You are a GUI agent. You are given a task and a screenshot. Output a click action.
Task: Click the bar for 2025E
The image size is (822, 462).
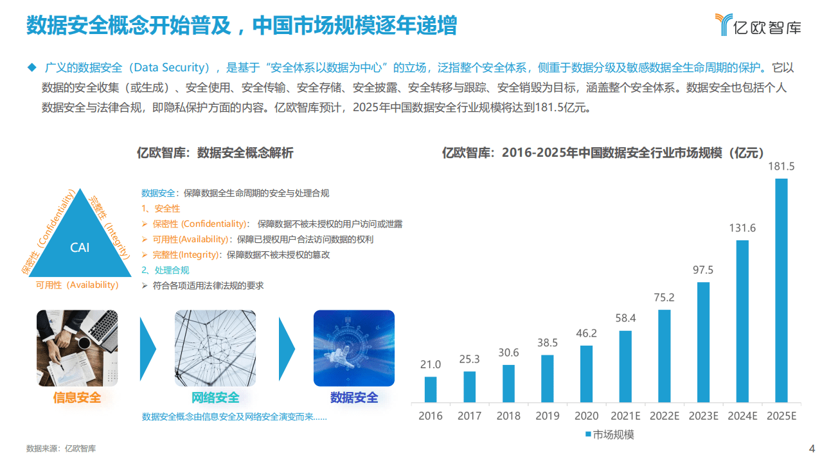point(781,290)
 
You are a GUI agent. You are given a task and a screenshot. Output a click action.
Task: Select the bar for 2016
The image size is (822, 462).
point(431,389)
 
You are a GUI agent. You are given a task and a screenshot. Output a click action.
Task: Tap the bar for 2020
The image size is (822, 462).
point(586,373)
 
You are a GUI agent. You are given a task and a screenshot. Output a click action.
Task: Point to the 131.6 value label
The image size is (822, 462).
point(742,228)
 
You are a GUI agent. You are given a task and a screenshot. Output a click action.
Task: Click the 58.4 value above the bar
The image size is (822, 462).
point(625,318)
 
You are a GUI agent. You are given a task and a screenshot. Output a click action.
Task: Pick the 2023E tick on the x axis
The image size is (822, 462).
point(703,416)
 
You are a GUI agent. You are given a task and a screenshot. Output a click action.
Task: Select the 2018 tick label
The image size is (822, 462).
point(508,416)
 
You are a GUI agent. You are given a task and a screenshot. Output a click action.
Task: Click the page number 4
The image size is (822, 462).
point(811,448)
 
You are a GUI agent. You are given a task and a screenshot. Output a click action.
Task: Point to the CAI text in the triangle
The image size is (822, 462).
point(80,247)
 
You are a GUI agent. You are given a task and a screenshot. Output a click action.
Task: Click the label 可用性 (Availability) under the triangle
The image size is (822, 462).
point(77,285)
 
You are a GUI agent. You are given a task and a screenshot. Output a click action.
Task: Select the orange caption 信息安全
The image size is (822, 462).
point(77,398)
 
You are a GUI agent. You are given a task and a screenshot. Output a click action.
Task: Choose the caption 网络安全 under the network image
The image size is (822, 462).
point(215,398)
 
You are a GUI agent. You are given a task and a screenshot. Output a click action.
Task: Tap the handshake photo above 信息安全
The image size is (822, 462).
point(77,348)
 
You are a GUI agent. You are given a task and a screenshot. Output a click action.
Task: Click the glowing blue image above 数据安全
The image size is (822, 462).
point(353,348)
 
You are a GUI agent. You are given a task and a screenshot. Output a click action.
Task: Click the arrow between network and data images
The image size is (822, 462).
point(286,348)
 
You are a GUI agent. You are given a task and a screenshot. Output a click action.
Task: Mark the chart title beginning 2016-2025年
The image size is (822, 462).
point(602,153)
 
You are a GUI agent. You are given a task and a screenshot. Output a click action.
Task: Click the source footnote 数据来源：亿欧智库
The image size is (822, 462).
point(61,449)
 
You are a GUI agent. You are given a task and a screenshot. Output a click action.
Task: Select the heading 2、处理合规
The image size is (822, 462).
point(166,271)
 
